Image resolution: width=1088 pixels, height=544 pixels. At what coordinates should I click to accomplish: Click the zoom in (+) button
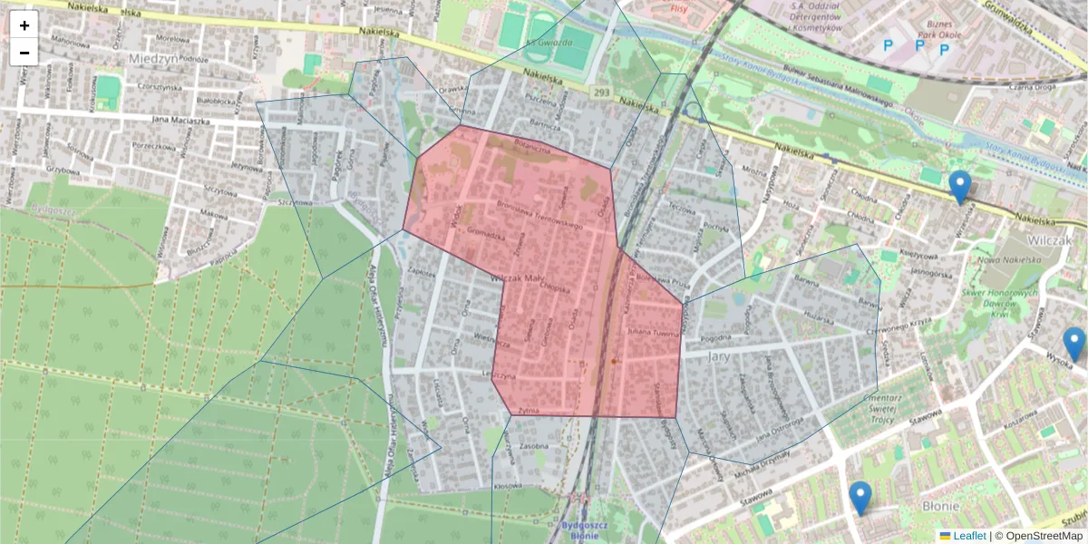point(24,25)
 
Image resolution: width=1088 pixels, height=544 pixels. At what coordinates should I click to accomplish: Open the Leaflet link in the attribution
point(969,536)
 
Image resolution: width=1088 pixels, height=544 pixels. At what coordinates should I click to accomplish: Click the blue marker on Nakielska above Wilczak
point(959,187)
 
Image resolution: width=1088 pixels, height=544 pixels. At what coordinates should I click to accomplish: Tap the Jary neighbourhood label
point(718,356)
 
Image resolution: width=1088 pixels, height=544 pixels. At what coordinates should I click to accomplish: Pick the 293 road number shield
point(602,92)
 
